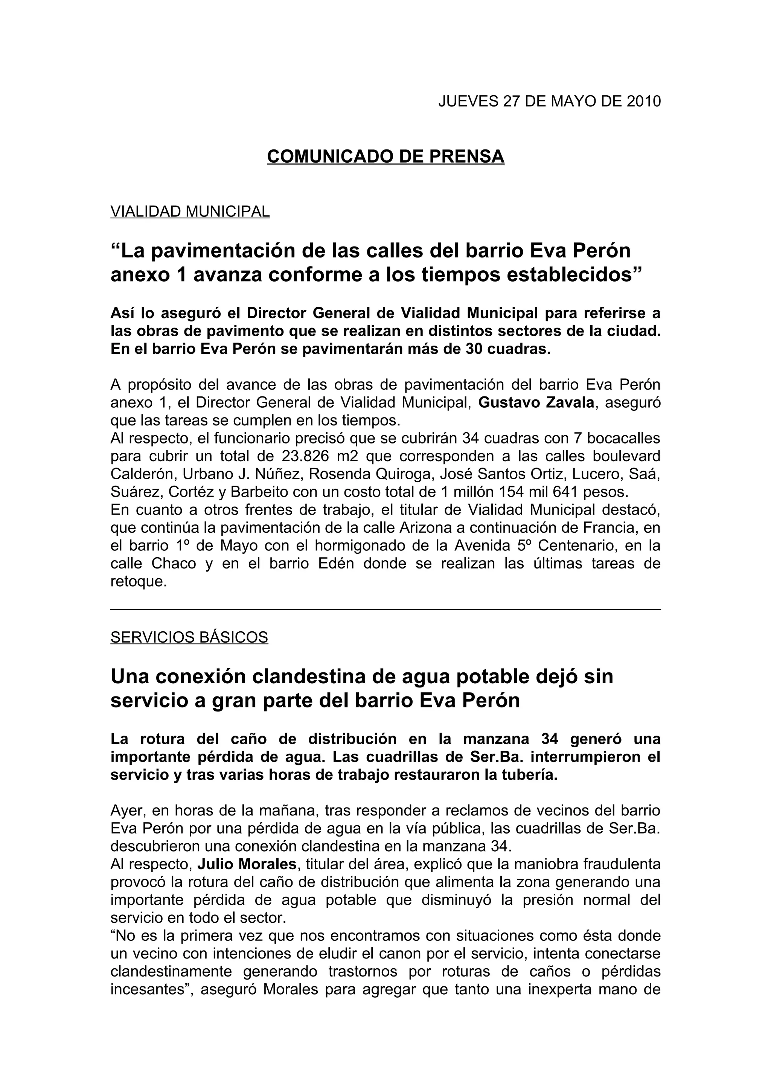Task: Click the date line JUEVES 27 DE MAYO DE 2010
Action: pyautogui.click(x=549, y=101)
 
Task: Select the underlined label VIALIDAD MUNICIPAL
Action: pyautogui.click(x=190, y=211)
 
